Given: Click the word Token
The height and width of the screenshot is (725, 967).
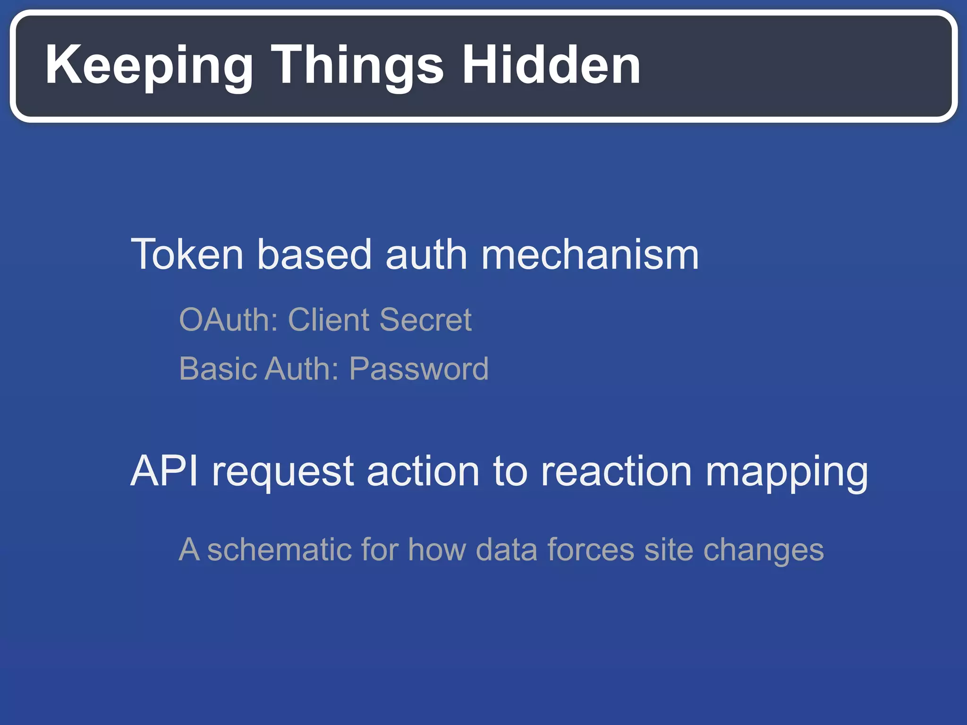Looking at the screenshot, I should [187, 255].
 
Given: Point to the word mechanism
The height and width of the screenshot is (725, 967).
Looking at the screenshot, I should [590, 255].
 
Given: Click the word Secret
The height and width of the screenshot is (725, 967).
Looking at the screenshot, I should [425, 320].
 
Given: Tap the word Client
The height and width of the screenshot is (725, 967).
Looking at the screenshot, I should [329, 320].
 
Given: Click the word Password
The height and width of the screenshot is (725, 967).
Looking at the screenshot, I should [419, 369].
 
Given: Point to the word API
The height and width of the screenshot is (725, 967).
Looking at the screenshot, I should [164, 471].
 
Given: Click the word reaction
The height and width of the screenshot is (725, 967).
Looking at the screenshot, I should [617, 471].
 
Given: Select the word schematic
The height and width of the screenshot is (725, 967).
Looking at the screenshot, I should [280, 550].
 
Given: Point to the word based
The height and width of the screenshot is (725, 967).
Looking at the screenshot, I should [314, 255].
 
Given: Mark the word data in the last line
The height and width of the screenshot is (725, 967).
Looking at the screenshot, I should [506, 550].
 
